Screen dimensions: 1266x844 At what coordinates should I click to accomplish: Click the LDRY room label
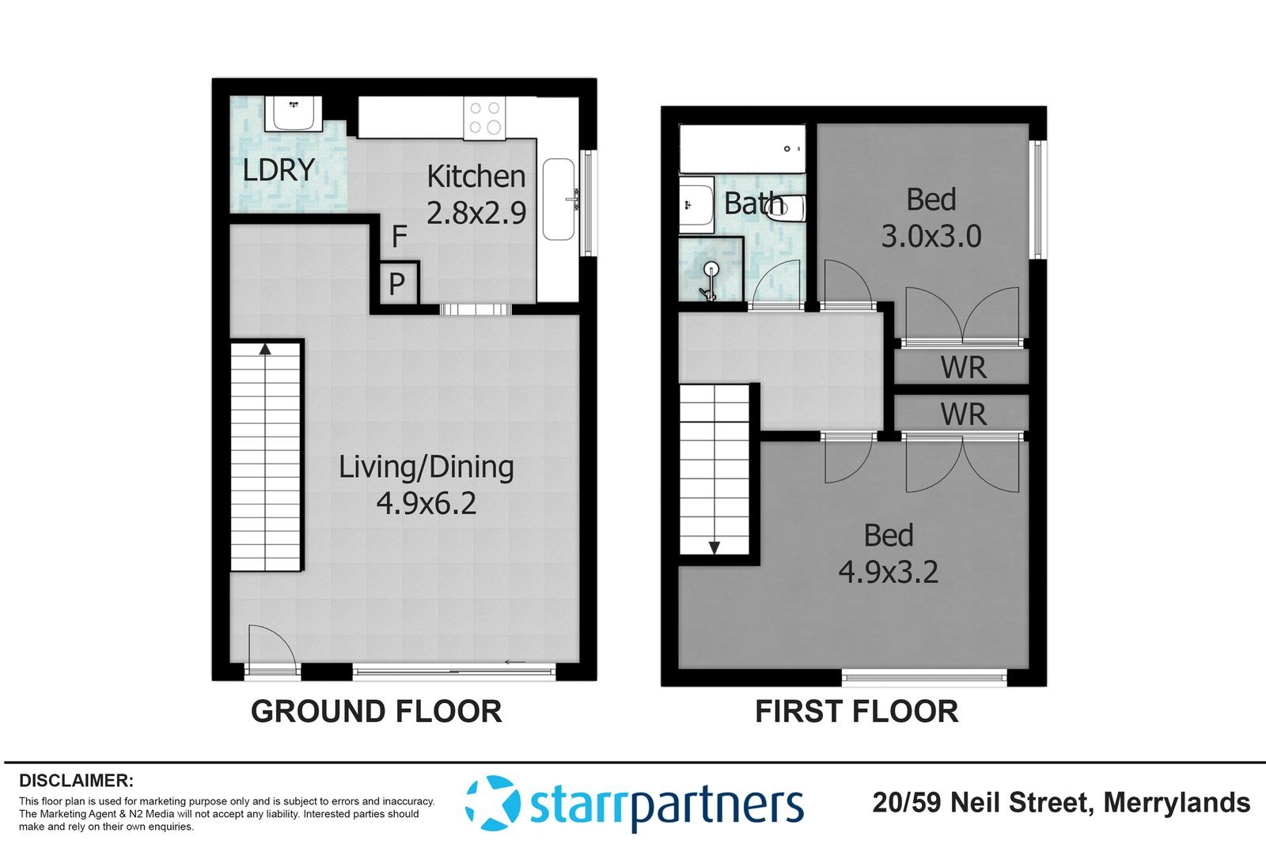(279, 170)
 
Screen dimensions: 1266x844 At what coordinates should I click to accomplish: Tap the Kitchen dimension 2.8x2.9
(476, 213)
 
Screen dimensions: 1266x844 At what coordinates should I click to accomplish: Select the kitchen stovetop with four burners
(484, 118)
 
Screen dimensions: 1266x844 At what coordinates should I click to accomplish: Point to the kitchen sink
(559, 199)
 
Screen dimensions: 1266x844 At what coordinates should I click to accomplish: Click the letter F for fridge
(400, 237)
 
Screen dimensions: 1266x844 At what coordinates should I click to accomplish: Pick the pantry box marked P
(398, 284)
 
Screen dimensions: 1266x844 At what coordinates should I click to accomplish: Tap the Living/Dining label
(426, 468)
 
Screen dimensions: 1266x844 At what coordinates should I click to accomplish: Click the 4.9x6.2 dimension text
(426, 503)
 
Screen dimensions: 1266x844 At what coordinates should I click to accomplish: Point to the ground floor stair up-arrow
(265, 349)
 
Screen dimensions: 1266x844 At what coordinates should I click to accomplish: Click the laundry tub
(294, 113)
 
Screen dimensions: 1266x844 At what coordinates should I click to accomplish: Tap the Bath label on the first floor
(754, 202)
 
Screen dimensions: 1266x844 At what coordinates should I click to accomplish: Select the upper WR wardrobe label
(963, 368)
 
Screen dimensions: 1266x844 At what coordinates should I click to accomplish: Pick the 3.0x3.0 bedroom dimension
(931, 237)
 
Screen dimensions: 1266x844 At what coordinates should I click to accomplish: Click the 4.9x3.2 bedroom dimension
(888, 572)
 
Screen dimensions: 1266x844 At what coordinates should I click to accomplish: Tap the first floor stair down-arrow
(714, 547)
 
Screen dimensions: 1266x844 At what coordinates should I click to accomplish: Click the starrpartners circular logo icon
(491, 803)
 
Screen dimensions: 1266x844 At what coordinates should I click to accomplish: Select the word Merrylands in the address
(1177, 803)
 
